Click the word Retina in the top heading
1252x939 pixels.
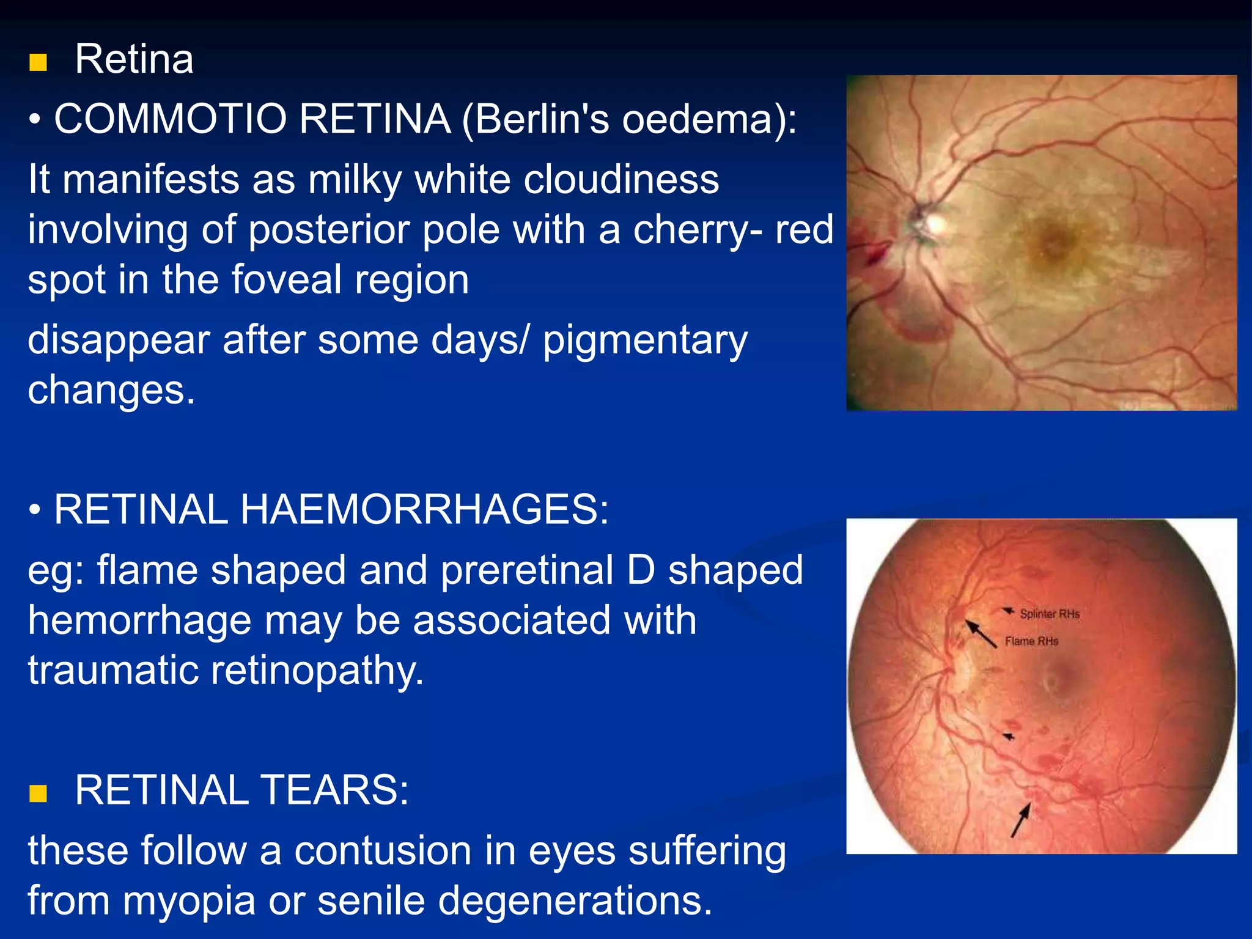(134, 59)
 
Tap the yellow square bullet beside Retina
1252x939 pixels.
(38, 62)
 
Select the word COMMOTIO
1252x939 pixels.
(170, 119)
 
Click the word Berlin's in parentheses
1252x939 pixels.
(536, 119)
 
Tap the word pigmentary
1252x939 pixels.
(645, 341)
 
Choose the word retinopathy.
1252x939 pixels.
(317, 670)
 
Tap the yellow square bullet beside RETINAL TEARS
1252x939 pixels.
(38, 794)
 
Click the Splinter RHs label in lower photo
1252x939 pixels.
(1049, 614)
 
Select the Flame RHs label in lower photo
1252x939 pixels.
(1031, 641)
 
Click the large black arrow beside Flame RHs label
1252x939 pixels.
(981, 633)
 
